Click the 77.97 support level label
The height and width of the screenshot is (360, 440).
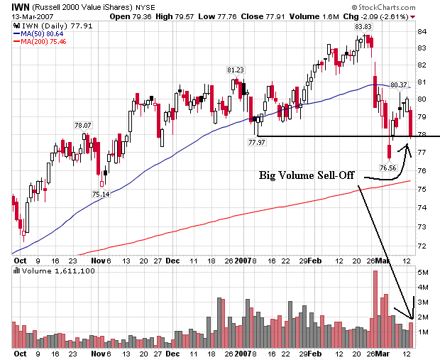257,143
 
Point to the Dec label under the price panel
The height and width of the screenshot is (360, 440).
173,260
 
